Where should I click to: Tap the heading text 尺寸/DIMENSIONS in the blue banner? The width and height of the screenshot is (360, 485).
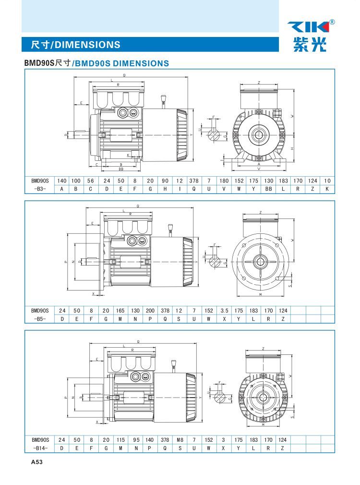coord(75,45)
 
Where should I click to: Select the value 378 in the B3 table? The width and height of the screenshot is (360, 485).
coord(193,181)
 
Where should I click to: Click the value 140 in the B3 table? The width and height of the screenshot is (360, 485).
coord(62,181)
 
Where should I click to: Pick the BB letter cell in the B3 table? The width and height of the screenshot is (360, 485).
coord(269,189)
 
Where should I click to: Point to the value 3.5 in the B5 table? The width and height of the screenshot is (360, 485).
coord(224,310)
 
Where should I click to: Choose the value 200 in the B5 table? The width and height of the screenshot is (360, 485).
coord(150,310)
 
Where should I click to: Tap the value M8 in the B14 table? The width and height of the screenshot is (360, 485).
coord(180,439)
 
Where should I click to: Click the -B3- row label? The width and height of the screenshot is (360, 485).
coord(40,189)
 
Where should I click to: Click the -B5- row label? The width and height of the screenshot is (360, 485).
coord(40,318)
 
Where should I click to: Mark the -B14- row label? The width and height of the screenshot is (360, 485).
coord(40,448)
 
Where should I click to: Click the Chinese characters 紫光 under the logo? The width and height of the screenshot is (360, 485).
coord(309,45)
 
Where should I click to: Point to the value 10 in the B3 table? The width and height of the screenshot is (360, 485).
coord(327,181)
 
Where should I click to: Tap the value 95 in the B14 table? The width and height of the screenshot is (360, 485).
coord(136,439)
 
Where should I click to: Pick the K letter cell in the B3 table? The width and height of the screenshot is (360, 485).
coord(327,189)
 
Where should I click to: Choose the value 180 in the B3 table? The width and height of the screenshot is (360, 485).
coord(224,181)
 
